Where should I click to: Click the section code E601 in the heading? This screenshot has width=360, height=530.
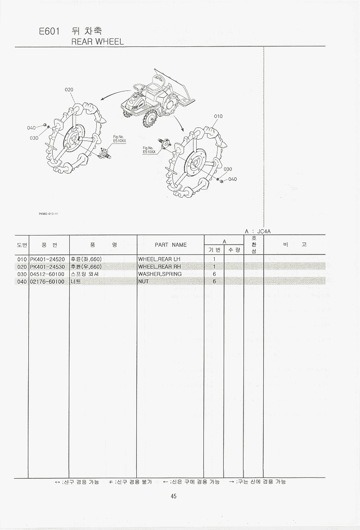pyautogui.click(x=49, y=32)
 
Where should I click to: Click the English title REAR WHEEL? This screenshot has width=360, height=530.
pyautogui.click(x=98, y=41)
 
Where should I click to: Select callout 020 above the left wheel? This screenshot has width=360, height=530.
pyautogui.click(x=69, y=90)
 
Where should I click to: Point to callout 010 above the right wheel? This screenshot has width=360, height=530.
pyautogui.click(x=218, y=116)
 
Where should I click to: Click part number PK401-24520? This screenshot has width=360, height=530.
pyautogui.click(x=47, y=259)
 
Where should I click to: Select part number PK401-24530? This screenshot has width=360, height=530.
pyautogui.click(x=47, y=267)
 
